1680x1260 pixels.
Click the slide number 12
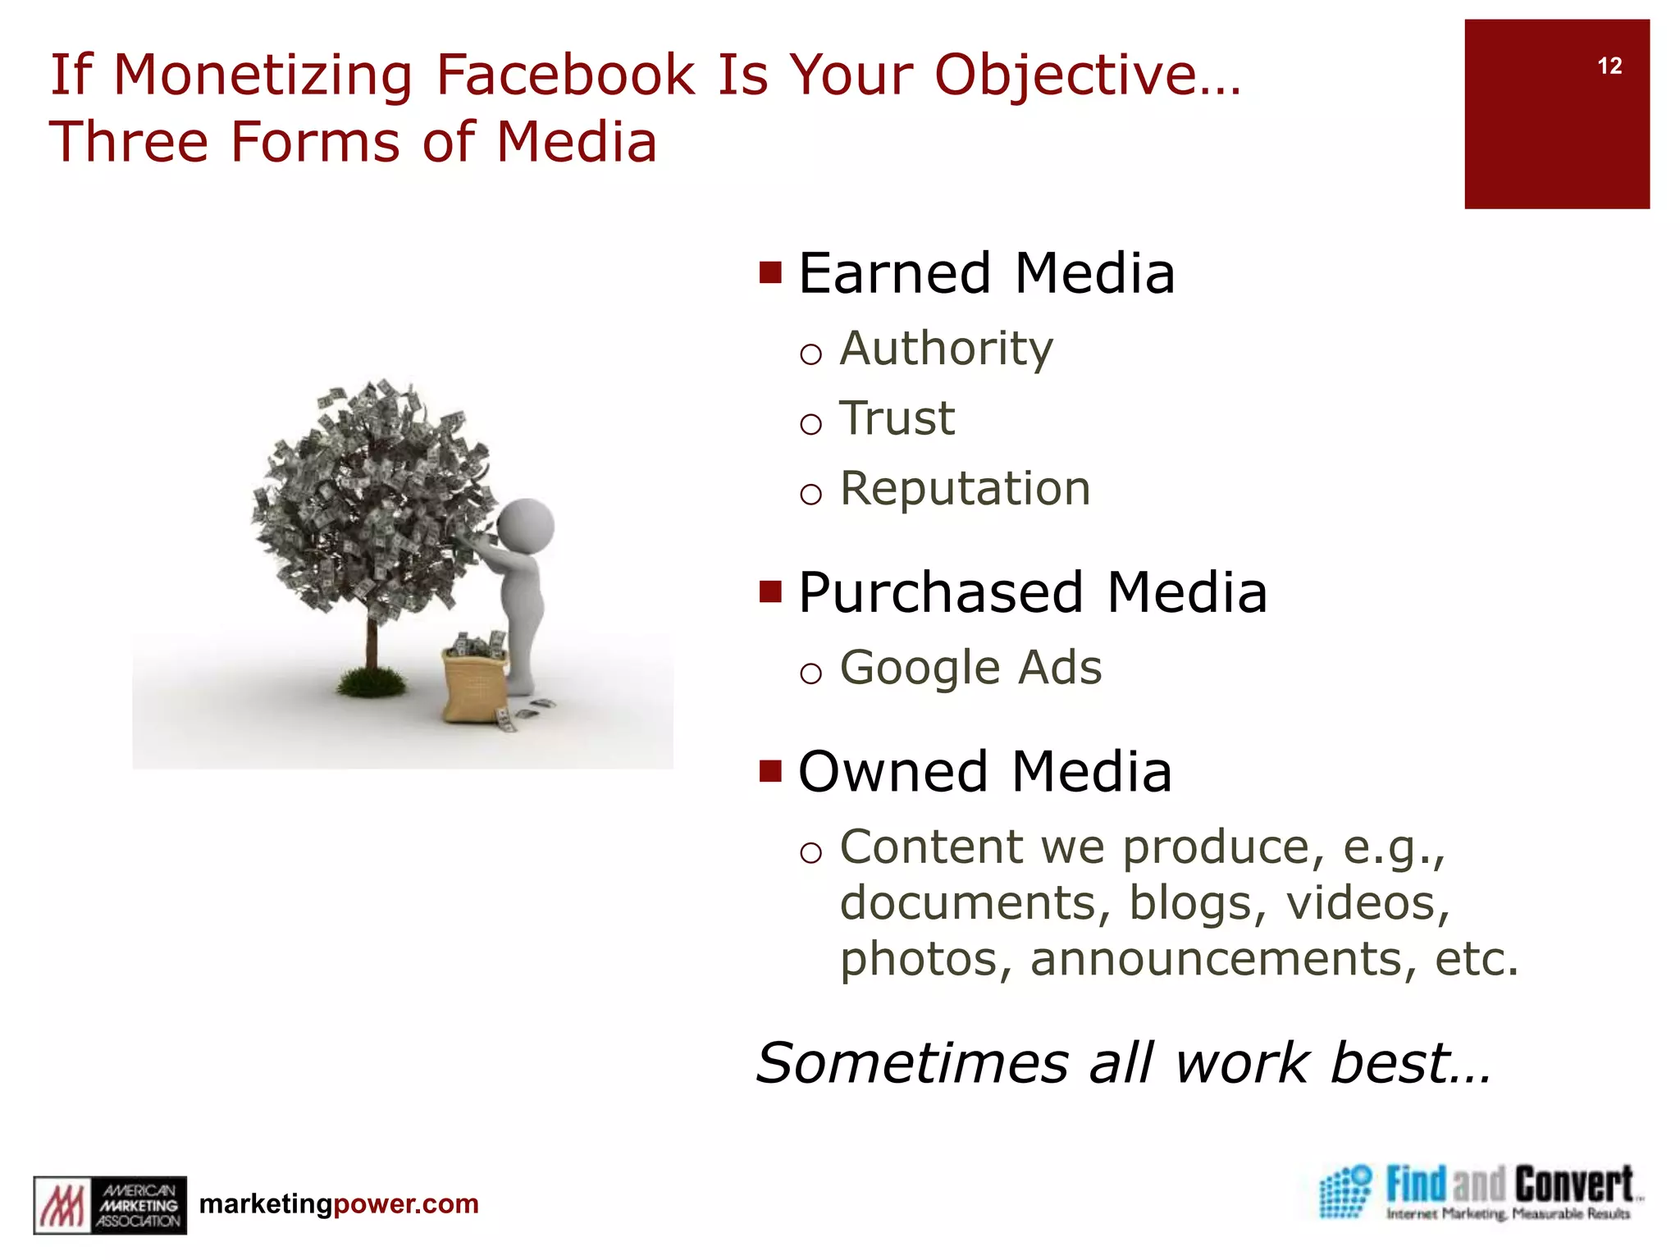click(x=1609, y=66)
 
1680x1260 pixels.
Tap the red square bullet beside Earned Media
click(x=770, y=272)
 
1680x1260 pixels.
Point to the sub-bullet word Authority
click(x=946, y=349)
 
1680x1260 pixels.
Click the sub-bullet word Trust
click(x=897, y=418)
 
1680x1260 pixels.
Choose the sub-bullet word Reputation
click(x=966, y=489)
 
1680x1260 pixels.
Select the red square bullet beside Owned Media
click(x=770, y=771)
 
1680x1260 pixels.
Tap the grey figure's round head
click(x=526, y=526)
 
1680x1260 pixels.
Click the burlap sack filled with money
click(x=474, y=682)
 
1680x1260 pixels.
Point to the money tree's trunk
click(x=372, y=644)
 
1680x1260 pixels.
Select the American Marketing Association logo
click(x=110, y=1204)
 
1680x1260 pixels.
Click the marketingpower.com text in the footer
click(x=339, y=1204)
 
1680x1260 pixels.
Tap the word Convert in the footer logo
click(x=1573, y=1185)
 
